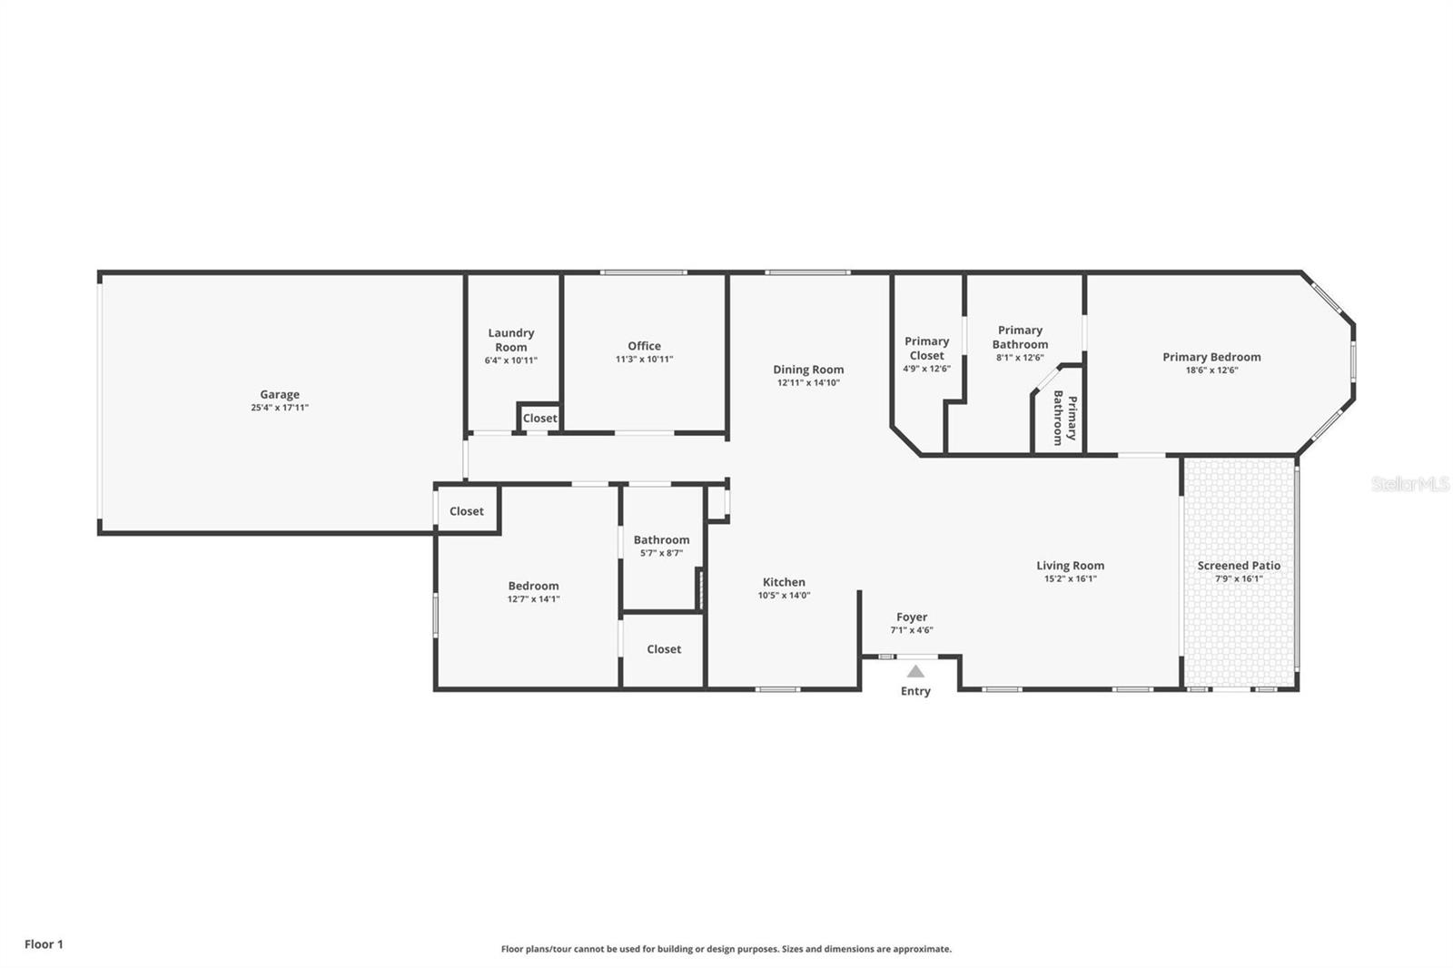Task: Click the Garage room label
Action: click(x=280, y=394)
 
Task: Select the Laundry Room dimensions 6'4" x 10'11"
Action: click(x=510, y=361)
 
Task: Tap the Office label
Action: click(x=644, y=346)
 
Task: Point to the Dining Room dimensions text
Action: click(x=808, y=383)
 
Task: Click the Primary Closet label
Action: click(x=926, y=348)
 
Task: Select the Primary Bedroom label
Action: click(x=1211, y=357)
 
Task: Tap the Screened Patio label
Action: click(x=1239, y=565)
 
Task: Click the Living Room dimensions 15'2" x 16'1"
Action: click(x=1070, y=578)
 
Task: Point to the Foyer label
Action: click(x=911, y=617)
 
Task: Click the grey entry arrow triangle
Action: click(x=915, y=672)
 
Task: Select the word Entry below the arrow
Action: click(x=915, y=691)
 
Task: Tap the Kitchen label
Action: click(x=784, y=582)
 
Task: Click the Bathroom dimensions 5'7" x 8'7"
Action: click(x=661, y=553)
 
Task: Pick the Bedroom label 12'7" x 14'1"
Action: click(x=533, y=586)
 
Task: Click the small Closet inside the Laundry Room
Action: click(x=539, y=418)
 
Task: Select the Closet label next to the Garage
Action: click(x=467, y=511)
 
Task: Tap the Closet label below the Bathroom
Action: click(x=664, y=649)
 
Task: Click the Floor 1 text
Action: click(x=44, y=944)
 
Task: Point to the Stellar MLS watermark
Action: click(x=1409, y=485)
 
